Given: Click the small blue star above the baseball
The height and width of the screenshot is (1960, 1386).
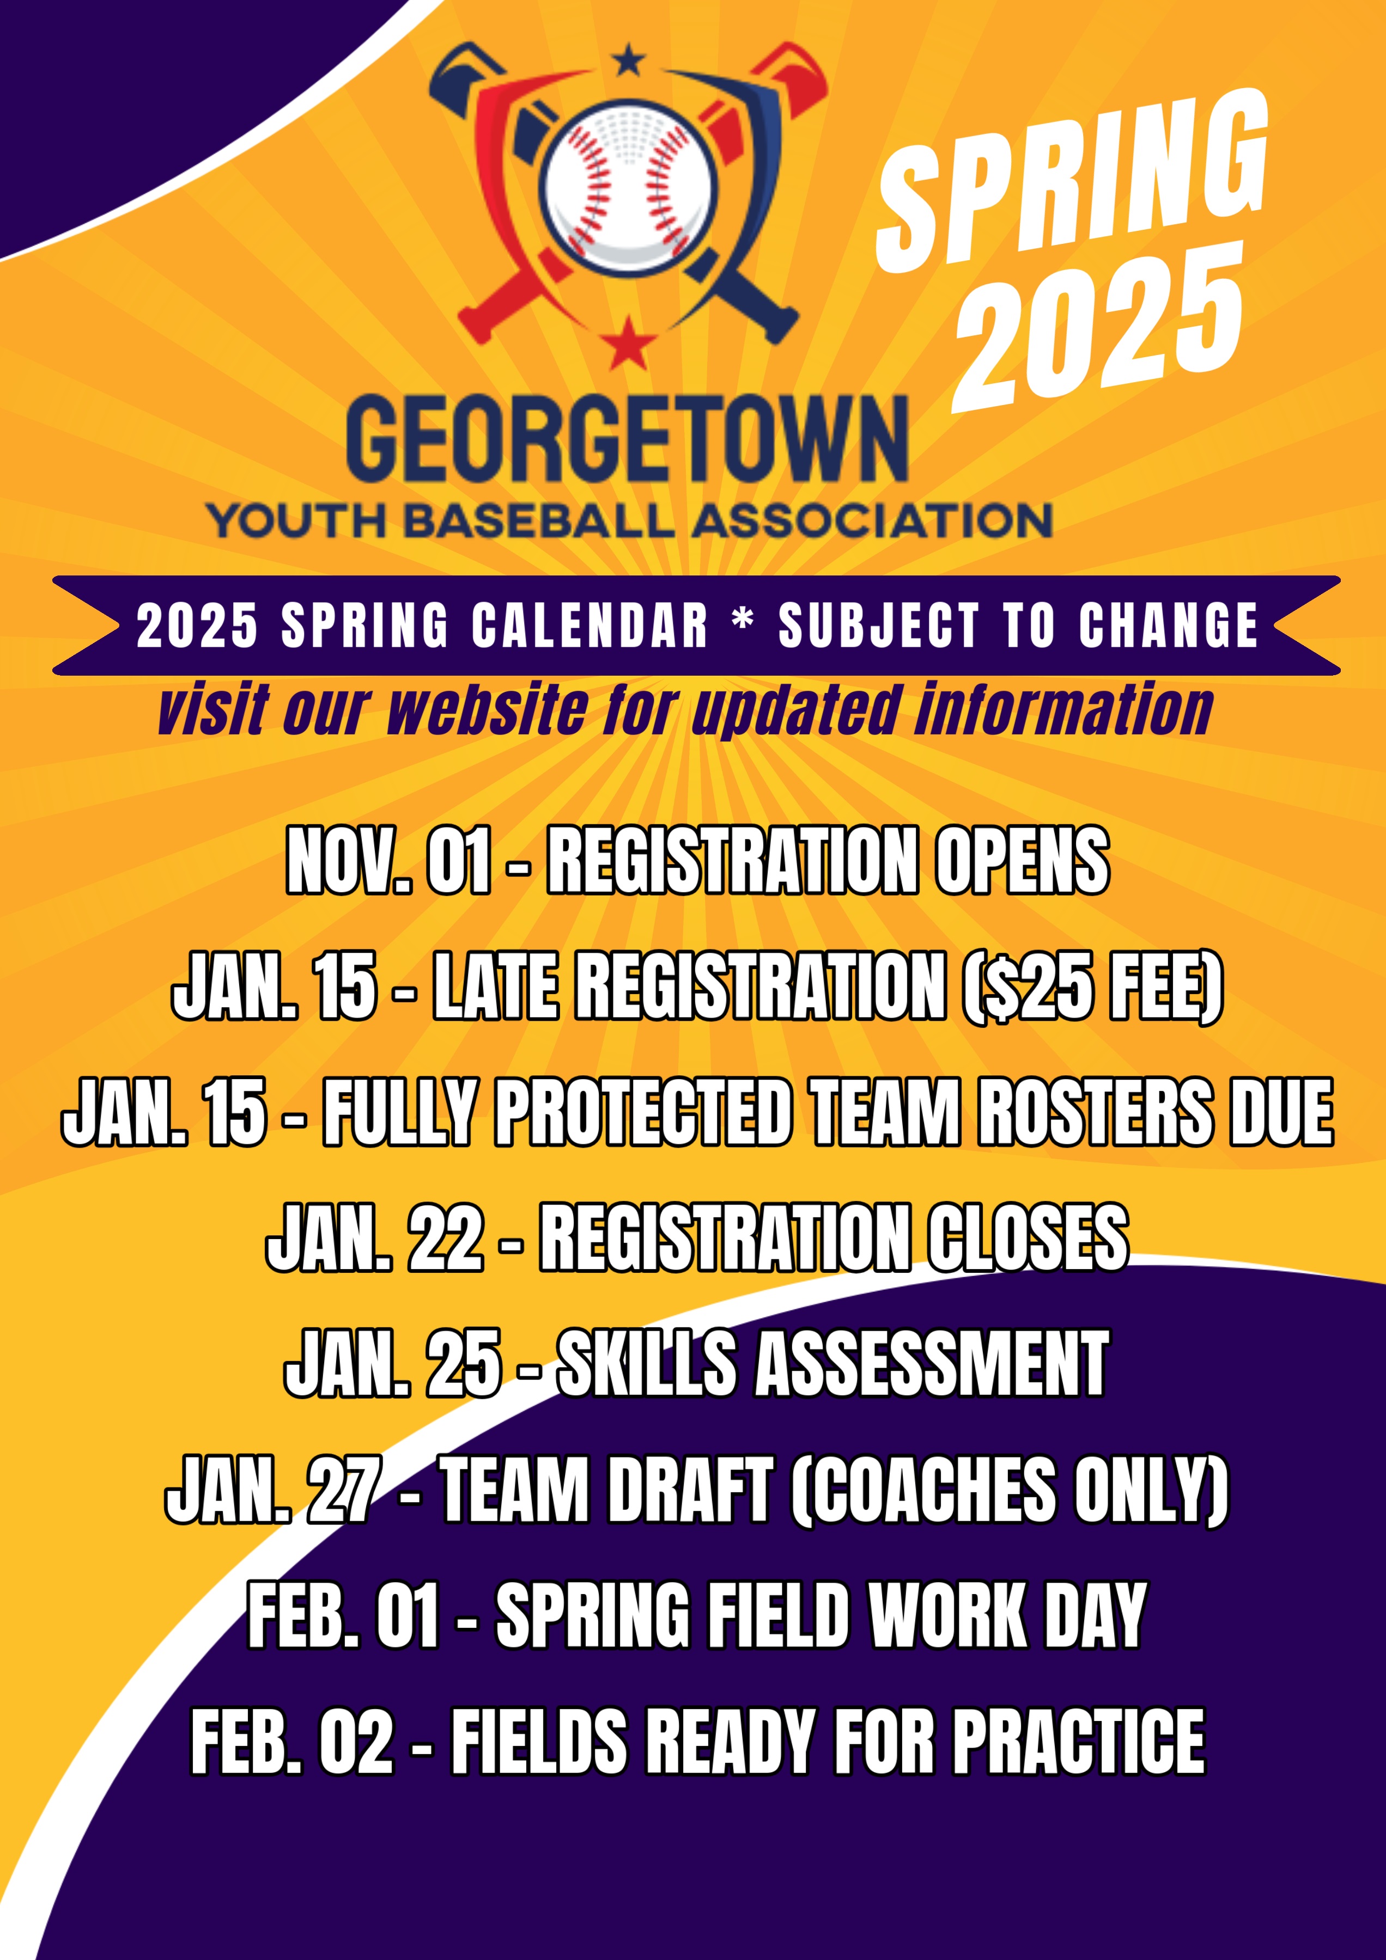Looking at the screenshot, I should pos(630,62).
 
